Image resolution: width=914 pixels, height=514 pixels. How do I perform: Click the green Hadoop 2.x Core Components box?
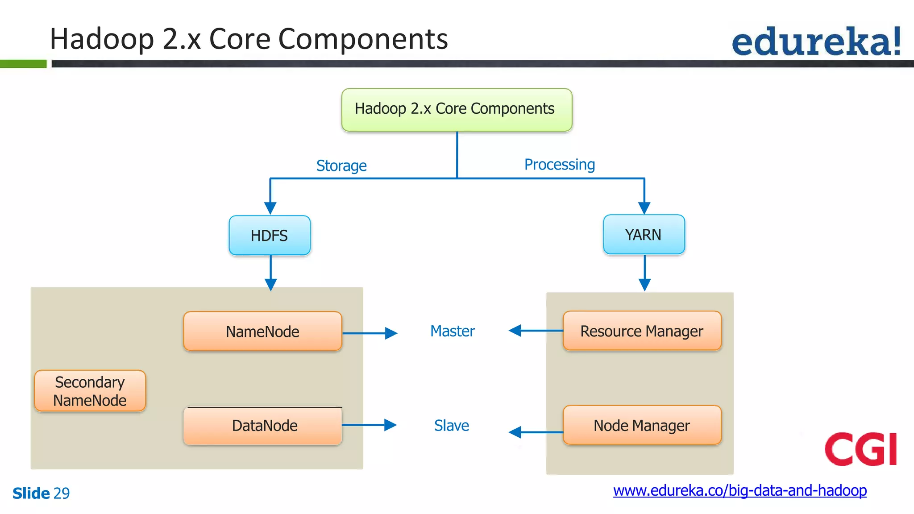coord(457,110)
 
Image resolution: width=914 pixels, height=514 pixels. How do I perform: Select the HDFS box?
coord(270,236)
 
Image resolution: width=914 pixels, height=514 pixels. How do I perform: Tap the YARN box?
coord(644,235)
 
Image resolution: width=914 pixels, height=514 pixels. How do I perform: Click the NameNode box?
coord(262,332)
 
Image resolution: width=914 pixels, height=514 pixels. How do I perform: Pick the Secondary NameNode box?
coord(90,391)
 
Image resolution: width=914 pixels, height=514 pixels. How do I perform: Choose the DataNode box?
coord(264,426)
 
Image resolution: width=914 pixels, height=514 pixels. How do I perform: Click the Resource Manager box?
coord(642,331)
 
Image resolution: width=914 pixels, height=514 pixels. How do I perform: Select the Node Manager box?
coord(642,425)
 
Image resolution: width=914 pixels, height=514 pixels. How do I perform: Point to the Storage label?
coord(341,166)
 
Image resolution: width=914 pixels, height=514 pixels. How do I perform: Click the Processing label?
coord(559,165)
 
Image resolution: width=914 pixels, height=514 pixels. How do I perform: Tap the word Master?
coord(452,331)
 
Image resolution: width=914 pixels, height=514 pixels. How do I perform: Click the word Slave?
coord(451,426)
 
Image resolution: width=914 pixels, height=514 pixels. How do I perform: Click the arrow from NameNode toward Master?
coord(370,333)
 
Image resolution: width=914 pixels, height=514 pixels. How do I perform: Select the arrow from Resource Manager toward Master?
coord(536,331)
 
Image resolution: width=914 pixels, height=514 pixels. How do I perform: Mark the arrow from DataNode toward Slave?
coord(369,425)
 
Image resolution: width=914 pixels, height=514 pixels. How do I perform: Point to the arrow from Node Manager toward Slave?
coord(536,432)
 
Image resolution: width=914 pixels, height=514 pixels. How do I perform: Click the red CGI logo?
coord(860,449)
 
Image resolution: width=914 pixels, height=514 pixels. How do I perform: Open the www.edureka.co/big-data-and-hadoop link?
coord(740,490)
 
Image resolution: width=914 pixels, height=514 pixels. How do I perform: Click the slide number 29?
coord(62,493)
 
